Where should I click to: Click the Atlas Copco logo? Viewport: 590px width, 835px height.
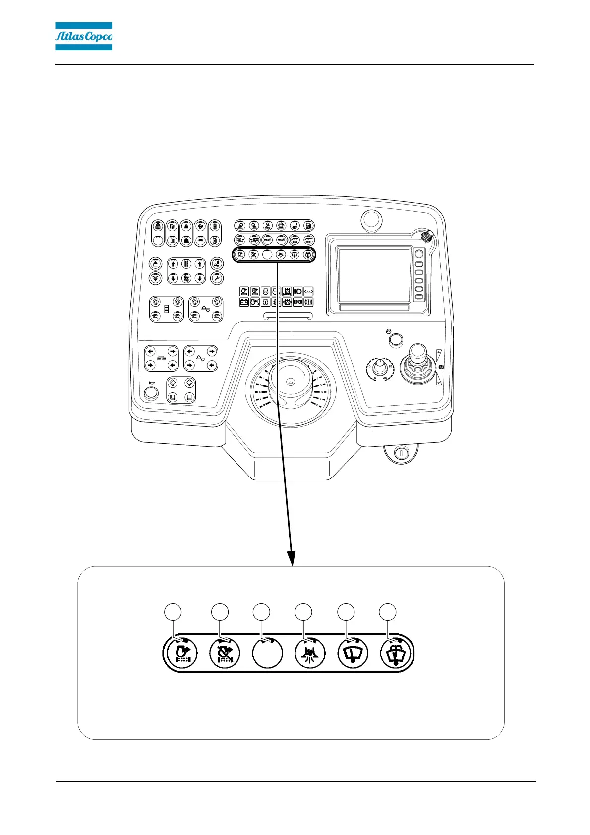(x=83, y=36)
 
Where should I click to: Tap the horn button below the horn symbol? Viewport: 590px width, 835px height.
(x=150, y=393)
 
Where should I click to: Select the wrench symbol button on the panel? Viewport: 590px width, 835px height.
(x=217, y=278)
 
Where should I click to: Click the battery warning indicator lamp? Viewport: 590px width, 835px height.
(x=244, y=302)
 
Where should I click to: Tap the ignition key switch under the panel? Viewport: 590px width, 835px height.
(x=401, y=453)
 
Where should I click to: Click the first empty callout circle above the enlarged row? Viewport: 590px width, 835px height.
(x=173, y=612)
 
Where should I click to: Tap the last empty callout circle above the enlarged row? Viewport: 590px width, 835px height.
(x=388, y=612)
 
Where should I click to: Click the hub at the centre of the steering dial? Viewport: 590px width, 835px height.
(x=290, y=382)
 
